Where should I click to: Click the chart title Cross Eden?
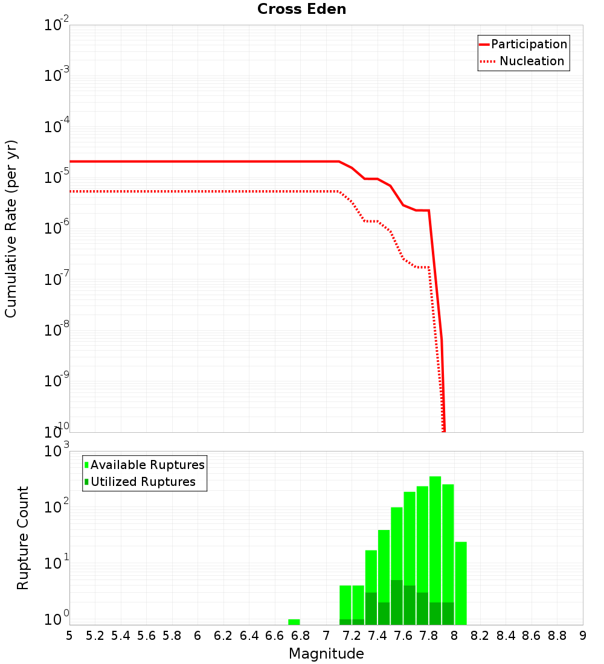click(301, 10)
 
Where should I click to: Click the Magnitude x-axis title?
click(326, 654)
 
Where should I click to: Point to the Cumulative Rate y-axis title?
click(11, 229)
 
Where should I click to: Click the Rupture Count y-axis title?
click(23, 538)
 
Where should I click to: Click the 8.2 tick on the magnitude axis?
click(480, 636)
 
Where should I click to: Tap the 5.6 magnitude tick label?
click(146, 636)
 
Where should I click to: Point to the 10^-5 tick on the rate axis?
click(56, 177)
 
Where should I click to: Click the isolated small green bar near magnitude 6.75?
click(294, 622)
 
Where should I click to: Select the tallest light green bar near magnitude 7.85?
click(435, 543)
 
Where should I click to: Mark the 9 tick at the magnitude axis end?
click(582, 636)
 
